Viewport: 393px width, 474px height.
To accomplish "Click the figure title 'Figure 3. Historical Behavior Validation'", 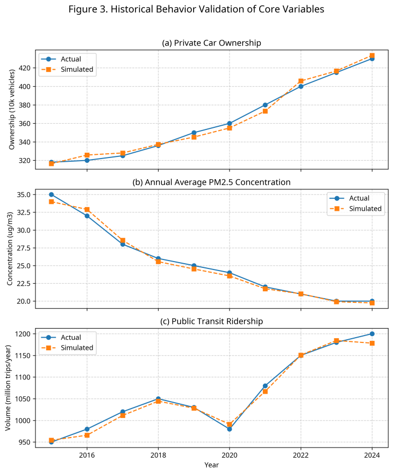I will (196, 10).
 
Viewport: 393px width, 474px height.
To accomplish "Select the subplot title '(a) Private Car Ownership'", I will (212, 43).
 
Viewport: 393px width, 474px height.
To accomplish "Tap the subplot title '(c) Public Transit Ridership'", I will (212, 321).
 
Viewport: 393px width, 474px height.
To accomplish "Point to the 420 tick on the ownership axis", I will (26, 68).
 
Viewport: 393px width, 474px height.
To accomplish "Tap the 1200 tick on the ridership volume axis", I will (24, 334).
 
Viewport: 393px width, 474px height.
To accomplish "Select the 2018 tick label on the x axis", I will (158, 455).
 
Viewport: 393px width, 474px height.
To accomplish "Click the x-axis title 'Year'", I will (212, 465).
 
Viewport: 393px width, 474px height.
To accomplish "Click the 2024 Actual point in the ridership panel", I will (372, 334).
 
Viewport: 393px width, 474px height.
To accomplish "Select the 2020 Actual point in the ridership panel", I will (229, 429).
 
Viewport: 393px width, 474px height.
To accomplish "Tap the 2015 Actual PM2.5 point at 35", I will (51, 195).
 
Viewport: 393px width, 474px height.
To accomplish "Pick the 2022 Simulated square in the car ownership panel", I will (300, 81).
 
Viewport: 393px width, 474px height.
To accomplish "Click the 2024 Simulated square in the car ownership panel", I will (372, 55).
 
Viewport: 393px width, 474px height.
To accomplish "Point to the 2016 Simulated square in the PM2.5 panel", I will (87, 210).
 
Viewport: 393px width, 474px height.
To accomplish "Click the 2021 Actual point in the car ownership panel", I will (265, 105).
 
